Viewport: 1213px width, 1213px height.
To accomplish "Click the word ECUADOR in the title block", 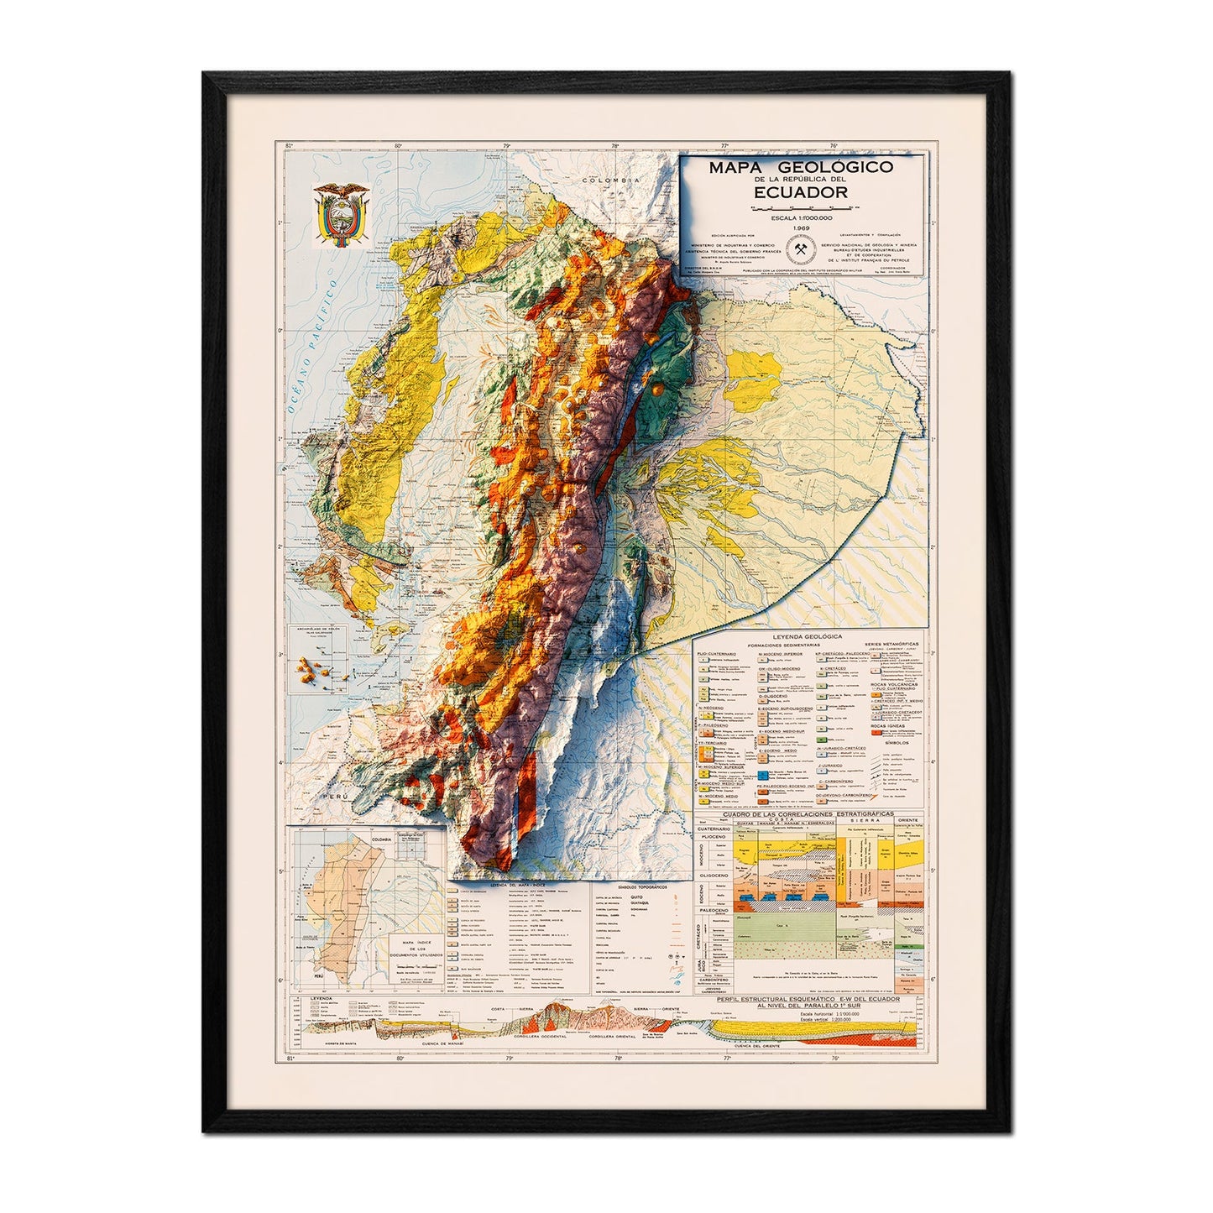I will (x=800, y=191).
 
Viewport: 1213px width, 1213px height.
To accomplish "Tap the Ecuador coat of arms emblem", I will (x=341, y=216).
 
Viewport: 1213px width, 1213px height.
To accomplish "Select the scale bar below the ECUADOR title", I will (x=800, y=206).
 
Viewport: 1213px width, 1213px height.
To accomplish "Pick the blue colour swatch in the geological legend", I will (x=764, y=771).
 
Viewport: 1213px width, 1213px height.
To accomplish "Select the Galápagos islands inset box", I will (x=320, y=661).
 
